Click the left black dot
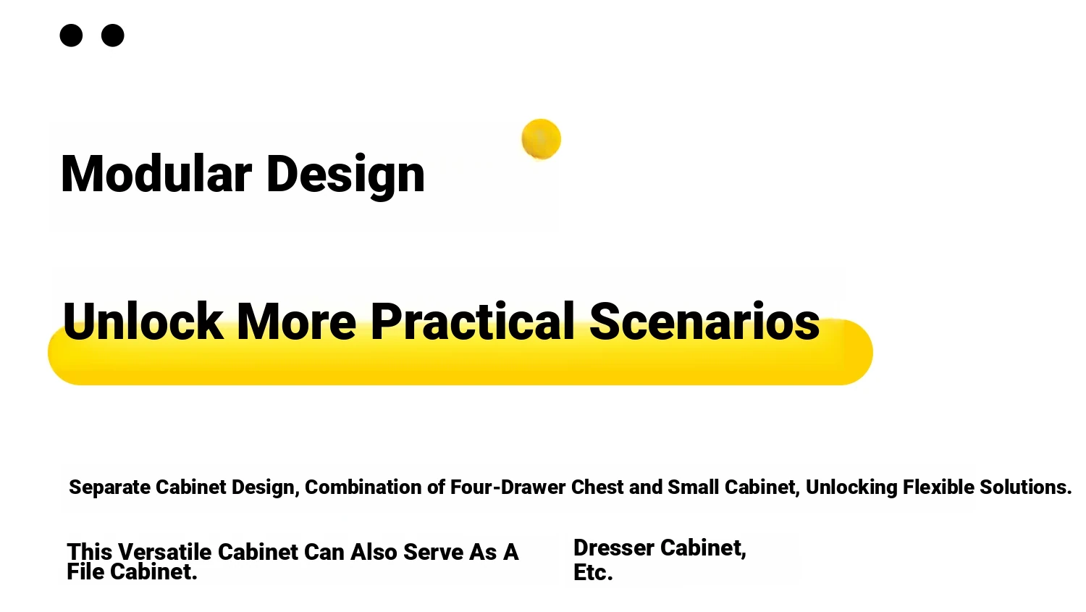click(71, 35)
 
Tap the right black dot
click(112, 35)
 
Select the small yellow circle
click(541, 139)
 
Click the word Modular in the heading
click(156, 174)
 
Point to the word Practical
click(473, 321)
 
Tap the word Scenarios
click(704, 321)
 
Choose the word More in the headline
click(297, 321)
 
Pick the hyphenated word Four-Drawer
click(508, 487)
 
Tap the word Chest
click(597, 487)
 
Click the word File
click(85, 571)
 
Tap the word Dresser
click(614, 548)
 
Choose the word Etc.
click(593, 573)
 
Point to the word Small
click(694, 487)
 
